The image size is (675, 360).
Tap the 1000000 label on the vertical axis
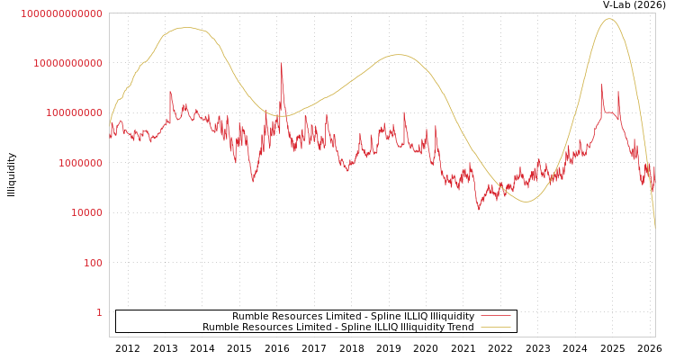pos(78,163)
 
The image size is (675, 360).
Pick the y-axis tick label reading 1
pos(99,312)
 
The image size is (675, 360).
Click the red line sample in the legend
pos(495,316)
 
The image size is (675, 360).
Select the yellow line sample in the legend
pos(495,327)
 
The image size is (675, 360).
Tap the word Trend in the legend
pos(459,327)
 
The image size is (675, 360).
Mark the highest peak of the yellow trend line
pos(609,19)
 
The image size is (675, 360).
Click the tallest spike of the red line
pos(281,64)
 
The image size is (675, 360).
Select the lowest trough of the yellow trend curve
pos(526,202)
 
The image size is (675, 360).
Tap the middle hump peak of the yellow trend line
pos(399,55)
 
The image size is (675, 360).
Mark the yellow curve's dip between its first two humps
pos(281,115)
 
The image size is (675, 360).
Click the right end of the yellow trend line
pos(654,229)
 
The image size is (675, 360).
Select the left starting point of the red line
pos(110,137)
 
